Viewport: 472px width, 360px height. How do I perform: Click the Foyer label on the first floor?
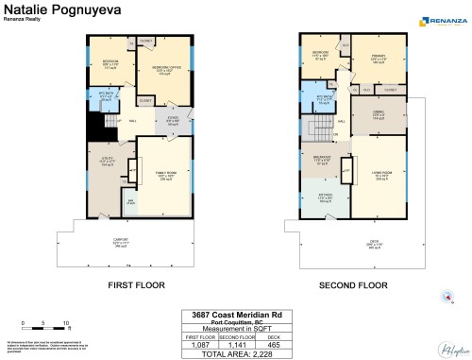(159, 120)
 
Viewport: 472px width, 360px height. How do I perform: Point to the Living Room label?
(384, 176)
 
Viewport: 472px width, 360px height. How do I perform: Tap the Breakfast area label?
(322, 159)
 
